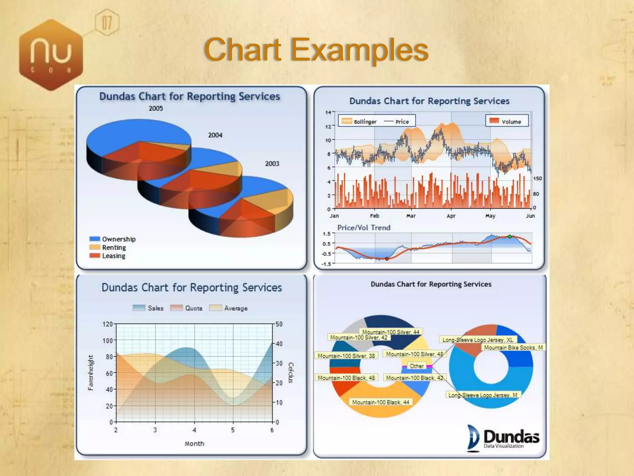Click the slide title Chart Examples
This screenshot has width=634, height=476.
point(316,50)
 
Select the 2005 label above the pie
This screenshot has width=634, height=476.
point(155,108)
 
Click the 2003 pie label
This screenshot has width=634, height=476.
point(272,164)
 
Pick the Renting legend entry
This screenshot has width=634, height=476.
point(108,248)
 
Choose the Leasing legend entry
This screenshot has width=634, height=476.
point(108,256)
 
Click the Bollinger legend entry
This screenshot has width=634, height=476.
point(359,121)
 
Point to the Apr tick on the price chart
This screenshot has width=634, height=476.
point(451,216)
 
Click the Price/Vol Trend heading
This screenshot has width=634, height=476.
point(364,228)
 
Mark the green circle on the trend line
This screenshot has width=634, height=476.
point(510,237)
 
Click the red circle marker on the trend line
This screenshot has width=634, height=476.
point(387,259)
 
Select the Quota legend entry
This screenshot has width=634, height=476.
point(187,308)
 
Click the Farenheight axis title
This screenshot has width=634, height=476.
point(90,372)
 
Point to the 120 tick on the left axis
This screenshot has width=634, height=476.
point(107,324)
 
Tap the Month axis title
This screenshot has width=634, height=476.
point(194,444)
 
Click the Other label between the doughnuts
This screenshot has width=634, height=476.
point(416,366)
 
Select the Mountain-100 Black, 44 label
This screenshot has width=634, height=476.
point(380,402)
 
